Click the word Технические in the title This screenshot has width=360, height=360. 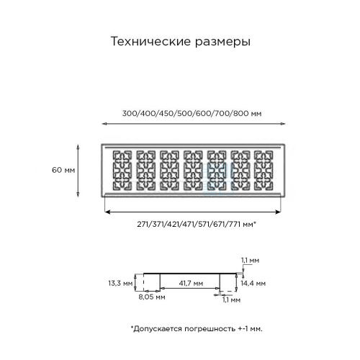click(x=151, y=41)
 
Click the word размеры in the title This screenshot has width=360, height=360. click(x=222, y=42)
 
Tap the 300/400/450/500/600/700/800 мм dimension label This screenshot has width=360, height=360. click(x=192, y=113)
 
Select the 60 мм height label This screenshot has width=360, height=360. click(x=63, y=170)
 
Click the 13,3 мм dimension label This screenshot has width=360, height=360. click(x=120, y=283)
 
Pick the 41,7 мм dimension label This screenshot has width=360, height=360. click(x=191, y=283)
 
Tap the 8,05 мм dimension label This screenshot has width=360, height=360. click(x=152, y=297)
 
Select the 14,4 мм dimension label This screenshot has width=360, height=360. click(x=253, y=283)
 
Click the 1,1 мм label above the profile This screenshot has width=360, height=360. click(x=250, y=261)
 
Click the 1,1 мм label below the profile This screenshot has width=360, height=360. click(x=231, y=300)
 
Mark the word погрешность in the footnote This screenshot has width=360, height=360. click(x=210, y=329)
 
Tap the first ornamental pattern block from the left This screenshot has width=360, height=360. click(x=122, y=171)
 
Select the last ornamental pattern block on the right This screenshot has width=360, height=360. click(x=264, y=171)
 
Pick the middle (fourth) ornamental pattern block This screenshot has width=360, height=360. click(x=193, y=171)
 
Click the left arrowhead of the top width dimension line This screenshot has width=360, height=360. click(x=104, y=124)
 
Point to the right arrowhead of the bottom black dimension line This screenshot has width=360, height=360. click(x=278, y=212)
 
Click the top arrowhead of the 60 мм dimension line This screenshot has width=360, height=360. click(x=78, y=147)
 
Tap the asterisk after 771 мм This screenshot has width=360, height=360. click(x=254, y=222)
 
